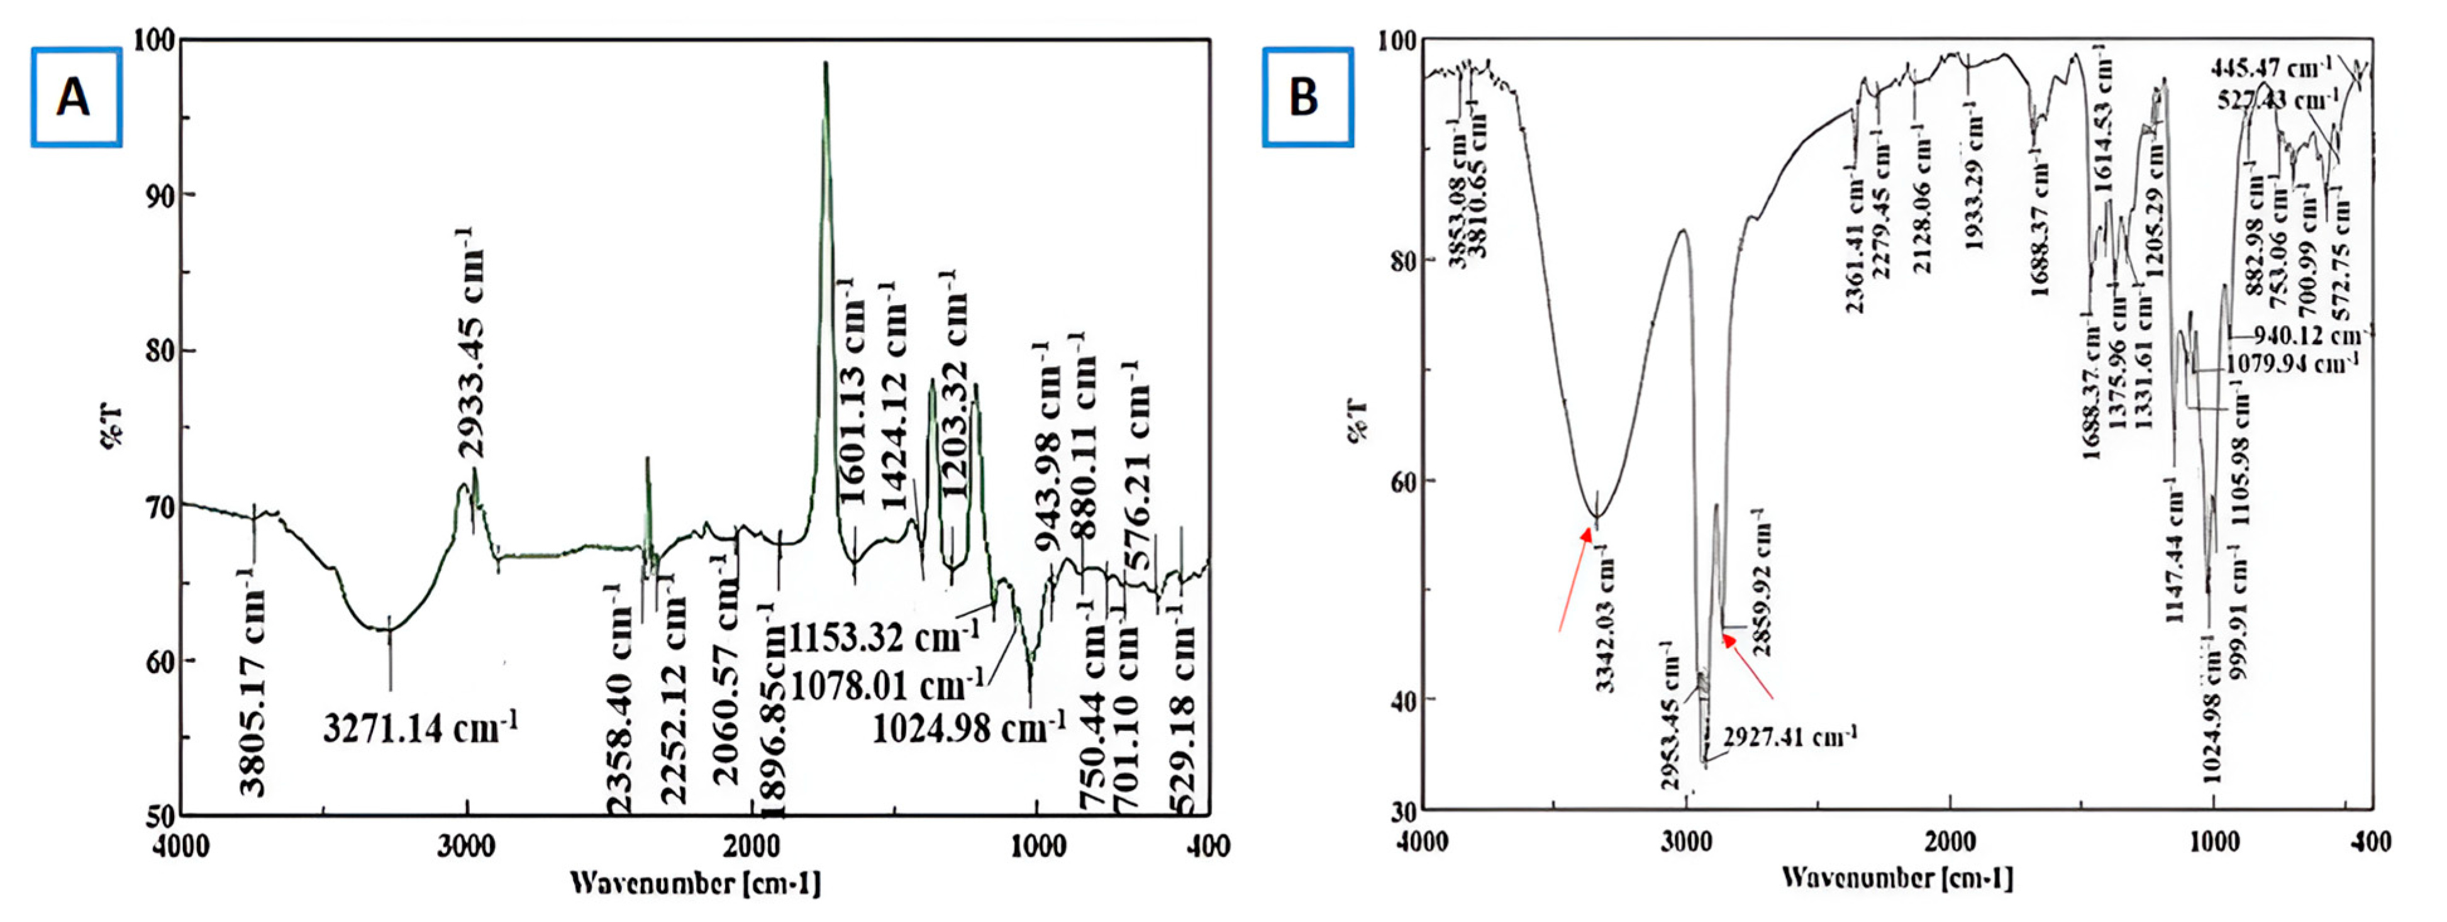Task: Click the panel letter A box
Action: (76, 97)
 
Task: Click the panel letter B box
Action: (1306, 97)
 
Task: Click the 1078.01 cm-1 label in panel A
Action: (886, 683)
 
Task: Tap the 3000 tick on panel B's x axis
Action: (1686, 841)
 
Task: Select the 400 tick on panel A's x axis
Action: (1209, 846)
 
